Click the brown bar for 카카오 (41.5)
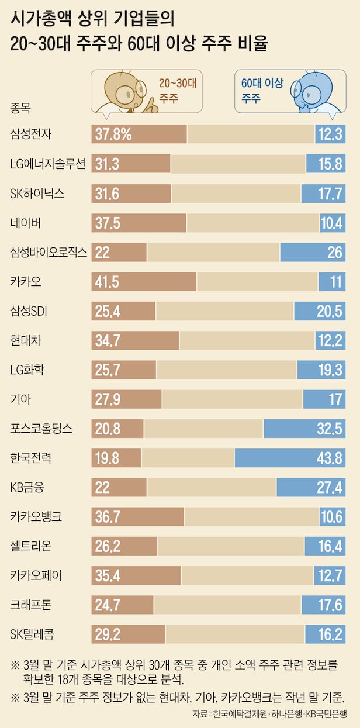[x=144, y=281]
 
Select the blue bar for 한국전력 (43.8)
[x=290, y=458]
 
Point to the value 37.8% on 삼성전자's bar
[x=113, y=134]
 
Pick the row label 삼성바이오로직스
[x=49, y=252]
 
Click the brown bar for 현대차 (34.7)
[x=135, y=340]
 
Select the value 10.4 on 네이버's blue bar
[x=332, y=222]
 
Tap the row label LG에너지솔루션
[x=48, y=163]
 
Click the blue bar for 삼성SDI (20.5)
[x=320, y=310]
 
